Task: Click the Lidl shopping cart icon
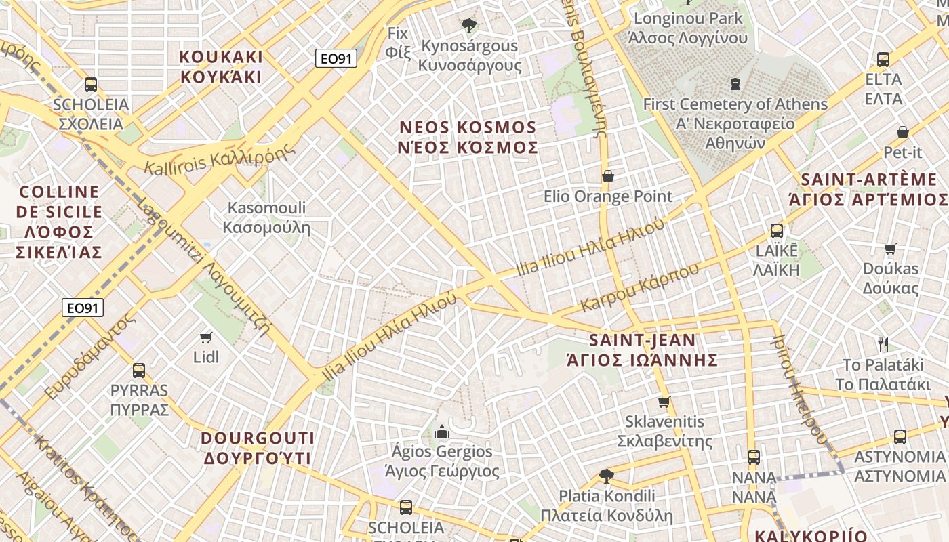(x=206, y=337)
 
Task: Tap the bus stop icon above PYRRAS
(x=139, y=371)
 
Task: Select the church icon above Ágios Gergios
(x=442, y=432)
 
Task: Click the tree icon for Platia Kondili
(x=607, y=476)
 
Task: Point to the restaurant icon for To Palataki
(x=883, y=345)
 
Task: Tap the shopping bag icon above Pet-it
(x=902, y=132)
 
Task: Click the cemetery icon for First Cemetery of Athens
(x=735, y=85)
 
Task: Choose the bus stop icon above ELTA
(x=883, y=60)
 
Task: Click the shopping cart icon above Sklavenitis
(x=664, y=402)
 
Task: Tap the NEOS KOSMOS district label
(x=468, y=138)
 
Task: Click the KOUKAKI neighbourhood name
(x=221, y=66)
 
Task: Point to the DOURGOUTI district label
(x=258, y=449)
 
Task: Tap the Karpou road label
(x=639, y=288)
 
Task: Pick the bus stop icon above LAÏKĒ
(x=777, y=231)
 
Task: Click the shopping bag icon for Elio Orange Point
(x=608, y=177)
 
